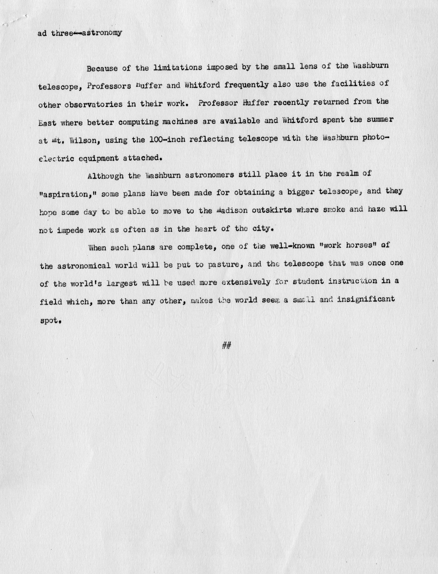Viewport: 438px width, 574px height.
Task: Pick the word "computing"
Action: click(x=138, y=122)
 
